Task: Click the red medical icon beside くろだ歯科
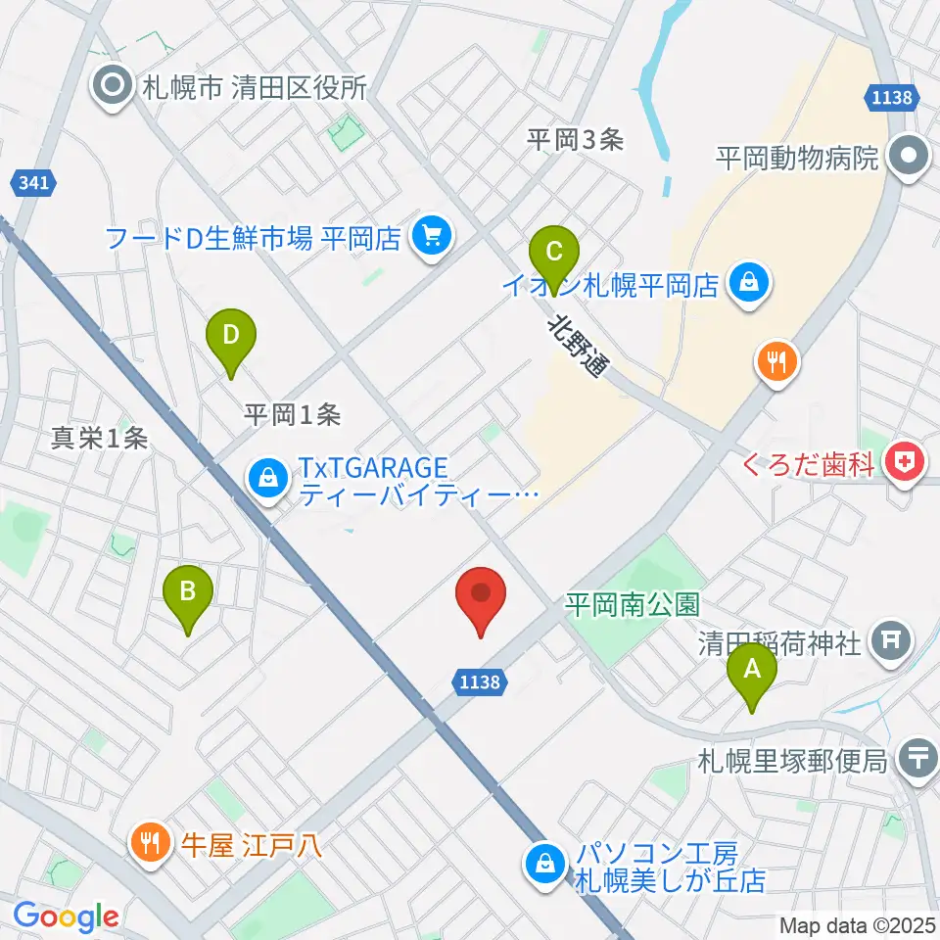click(x=902, y=461)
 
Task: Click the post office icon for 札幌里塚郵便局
click(x=917, y=759)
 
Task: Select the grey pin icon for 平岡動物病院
click(x=909, y=157)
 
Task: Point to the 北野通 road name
click(x=578, y=345)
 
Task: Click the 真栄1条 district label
click(x=100, y=439)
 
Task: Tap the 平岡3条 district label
click(x=575, y=140)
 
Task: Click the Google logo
click(x=66, y=916)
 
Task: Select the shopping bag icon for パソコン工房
click(x=541, y=863)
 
